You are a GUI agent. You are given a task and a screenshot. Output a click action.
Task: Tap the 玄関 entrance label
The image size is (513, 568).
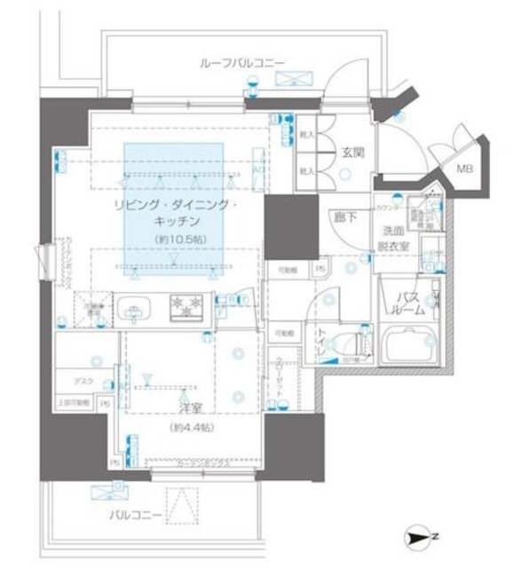tap(351, 153)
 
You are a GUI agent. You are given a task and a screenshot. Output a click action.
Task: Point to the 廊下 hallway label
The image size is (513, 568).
tap(344, 217)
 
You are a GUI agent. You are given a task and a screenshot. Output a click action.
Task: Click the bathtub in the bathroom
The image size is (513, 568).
tap(408, 345)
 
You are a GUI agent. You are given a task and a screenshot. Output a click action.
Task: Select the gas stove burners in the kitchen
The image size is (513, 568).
tap(188, 307)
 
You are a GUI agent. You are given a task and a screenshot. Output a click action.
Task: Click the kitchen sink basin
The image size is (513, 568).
tap(134, 309)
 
